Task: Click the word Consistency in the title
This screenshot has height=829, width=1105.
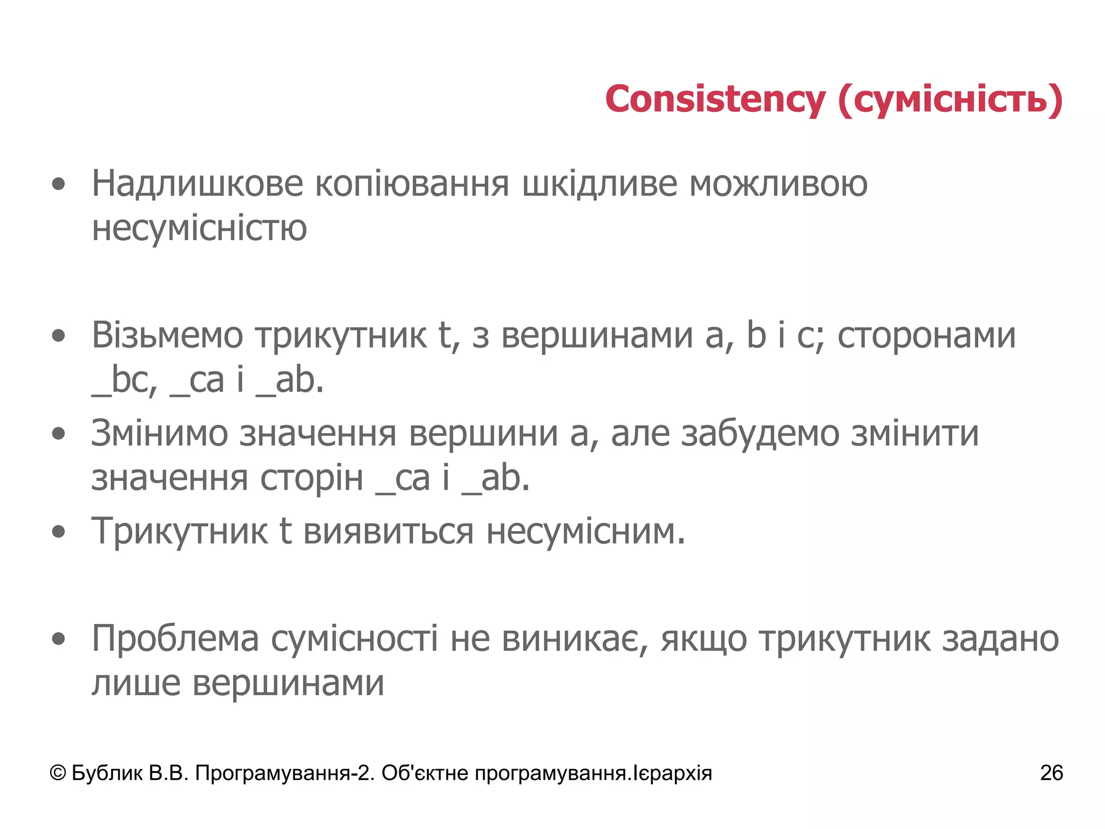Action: pyautogui.click(x=715, y=100)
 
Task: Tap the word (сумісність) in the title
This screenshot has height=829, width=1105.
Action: pyautogui.click(x=950, y=100)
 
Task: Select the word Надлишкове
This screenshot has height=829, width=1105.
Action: pyautogui.click(x=197, y=184)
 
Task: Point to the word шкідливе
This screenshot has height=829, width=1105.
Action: pyautogui.click(x=599, y=184)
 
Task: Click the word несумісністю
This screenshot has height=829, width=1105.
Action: pyautogui.click(x=199, y=228)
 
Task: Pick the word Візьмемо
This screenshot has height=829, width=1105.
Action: pyautogui.click(x=167, y=336)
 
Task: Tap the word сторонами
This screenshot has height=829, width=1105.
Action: pyautogui.click(x=926, y=336)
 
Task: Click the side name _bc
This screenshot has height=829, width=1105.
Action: pyautogui.click(x=124, y=380)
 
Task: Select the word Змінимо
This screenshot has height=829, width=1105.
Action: pyautogui.click(x=159, y=433)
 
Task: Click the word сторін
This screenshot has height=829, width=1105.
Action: pyautogui.click(x=311, y=478)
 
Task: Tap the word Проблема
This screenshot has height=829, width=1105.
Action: pyautogui.click(x=175, y=639)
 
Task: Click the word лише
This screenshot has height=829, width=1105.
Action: pyautogui.click(x=135, y=683)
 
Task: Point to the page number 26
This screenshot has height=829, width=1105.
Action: pyautogui.click(x=1052, y=773)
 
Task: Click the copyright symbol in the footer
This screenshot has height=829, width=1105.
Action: pyautogui.click(x=58, y=773)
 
